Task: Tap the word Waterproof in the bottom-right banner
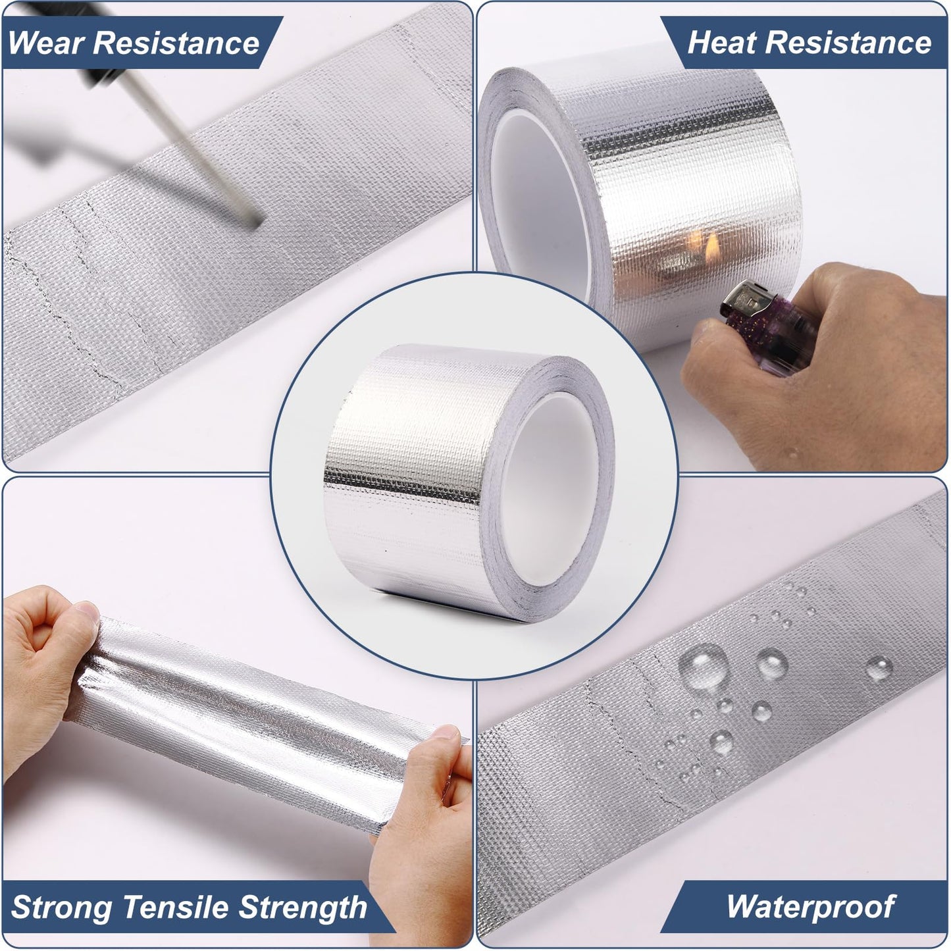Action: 810,907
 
